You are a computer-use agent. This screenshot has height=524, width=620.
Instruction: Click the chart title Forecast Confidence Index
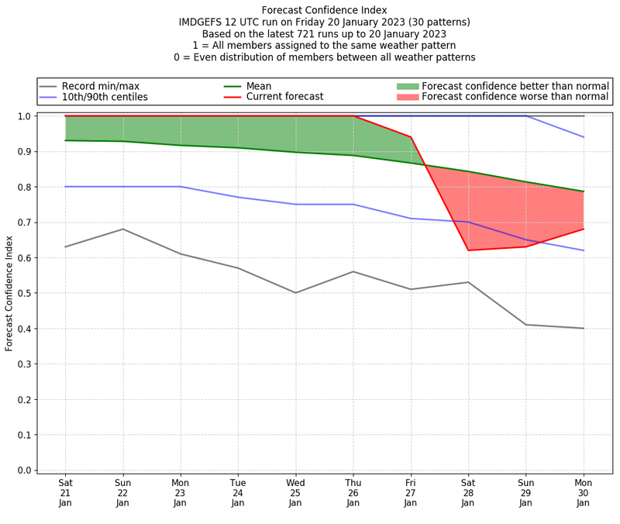[x=324, y=10]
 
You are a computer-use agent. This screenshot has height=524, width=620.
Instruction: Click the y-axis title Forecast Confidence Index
[x=10, y=292]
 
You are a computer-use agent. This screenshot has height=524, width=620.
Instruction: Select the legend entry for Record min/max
[x=100, y=86]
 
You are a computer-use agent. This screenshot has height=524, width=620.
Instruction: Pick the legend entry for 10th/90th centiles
[x=105, y=97]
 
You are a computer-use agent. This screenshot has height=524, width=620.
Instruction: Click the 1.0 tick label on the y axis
[x=24, y=116]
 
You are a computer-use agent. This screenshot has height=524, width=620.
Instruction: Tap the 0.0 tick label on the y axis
[x=24, y=471]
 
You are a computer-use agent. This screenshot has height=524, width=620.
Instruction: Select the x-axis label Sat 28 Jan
[x=468, y=492]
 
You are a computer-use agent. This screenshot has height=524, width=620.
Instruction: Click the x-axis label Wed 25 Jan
[x=295, y=492]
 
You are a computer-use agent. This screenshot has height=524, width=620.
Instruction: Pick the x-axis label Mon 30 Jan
[x=584, y=492]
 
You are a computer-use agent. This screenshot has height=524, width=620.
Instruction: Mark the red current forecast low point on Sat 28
[x=468, y=250]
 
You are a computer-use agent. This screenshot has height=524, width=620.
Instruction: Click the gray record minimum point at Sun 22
[x=122, y=229]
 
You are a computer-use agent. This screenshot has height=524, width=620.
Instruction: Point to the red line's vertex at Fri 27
[x=411, y=137]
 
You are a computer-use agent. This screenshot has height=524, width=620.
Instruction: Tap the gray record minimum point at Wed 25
[x=295, y=293]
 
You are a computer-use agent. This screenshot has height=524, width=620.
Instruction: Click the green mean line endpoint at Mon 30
[x=584, y=191]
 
